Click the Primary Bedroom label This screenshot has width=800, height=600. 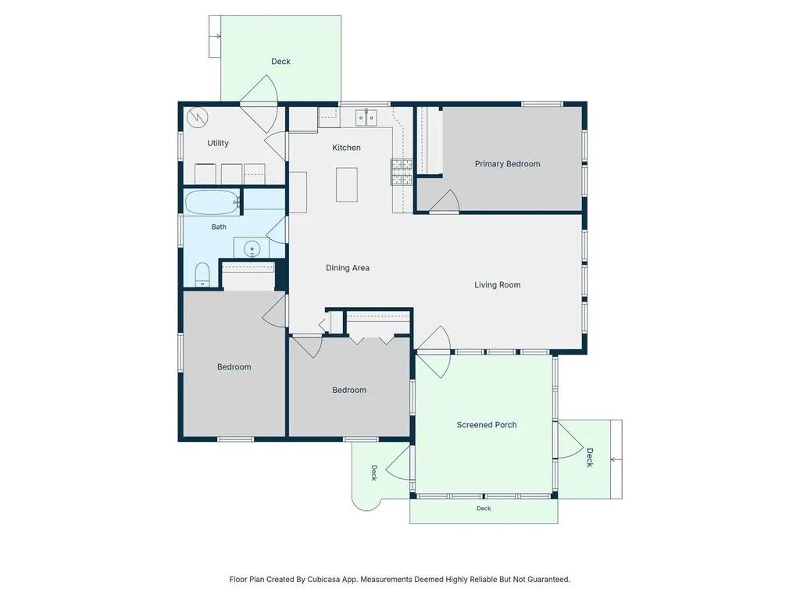[x=507, y=164]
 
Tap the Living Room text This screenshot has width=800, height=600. [x=498, y=284]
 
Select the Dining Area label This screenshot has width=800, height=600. [x=348, y=268]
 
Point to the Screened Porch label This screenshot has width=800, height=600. [x=487, y=424]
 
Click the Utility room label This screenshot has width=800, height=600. [x=218, y=143]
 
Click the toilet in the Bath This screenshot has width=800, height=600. [x=202, y=275]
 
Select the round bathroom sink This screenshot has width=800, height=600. [x=252, y=249]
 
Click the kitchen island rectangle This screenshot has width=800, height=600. [x=346, y=184]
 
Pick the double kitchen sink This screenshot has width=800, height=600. [x=366, y=117]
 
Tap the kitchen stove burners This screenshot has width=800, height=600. [x=402, y=171]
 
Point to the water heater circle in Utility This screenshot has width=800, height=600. [x=197, y=117]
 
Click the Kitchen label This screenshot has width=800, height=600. [x=346, y=148]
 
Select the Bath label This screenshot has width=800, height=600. [x=219, y=227]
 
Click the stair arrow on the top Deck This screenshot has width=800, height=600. [x=215, y=36]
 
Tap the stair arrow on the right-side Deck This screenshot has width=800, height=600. [x=616, y=459]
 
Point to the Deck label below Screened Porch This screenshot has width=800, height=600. [x=484, y=508]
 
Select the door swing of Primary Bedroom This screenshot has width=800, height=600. [x=445, y=201]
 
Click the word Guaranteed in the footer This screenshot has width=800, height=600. [x=549, y=579]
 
